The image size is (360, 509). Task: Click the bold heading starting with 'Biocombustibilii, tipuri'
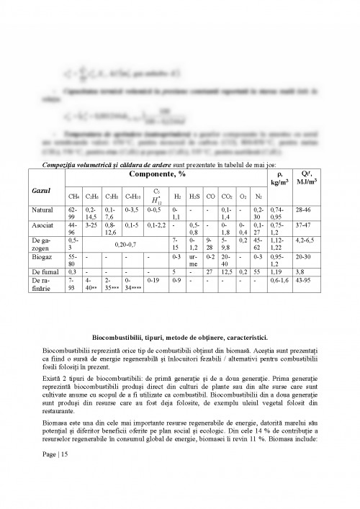(x=180, y=337)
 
